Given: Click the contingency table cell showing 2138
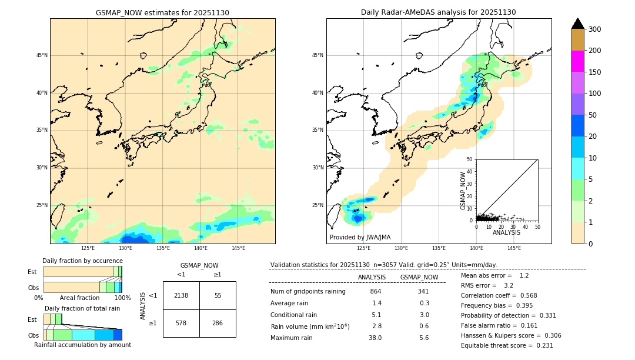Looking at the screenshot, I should pyautogui.click(x=181, y=295).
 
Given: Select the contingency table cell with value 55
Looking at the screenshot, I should pyautogui.click(x=218, y=295).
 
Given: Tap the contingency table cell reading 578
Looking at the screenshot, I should pyautogui.click(x=181, y=324).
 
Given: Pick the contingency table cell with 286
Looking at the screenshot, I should pyautogui.click(x=218, y=324).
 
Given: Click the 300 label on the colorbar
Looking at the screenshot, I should pyautogui.click(x=596, y=29).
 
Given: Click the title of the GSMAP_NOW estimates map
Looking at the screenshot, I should pyautogui.click(x=162, y=12).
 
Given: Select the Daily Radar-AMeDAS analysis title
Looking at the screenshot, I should pyautogui.click(x=439, y=12).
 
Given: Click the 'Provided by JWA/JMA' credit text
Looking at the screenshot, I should pyautogui.click(x=360, y=237).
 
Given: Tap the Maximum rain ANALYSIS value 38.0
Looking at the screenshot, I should pyautogui.click(x=375, y=338).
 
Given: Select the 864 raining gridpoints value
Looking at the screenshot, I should pyautogui.click(x=375, y=292).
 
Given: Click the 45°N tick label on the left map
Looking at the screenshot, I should pyautogui.click(x=42, y=55).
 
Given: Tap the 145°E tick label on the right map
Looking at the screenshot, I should pyautogui.click(x=514, y=248).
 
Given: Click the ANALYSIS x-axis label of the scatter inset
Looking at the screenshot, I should pyautogui.click(x=506, y=232).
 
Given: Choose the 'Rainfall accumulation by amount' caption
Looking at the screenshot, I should pyautogui.click(x=82, y=345).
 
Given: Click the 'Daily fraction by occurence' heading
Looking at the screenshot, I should pyautogui.click(x=82, y=261).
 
